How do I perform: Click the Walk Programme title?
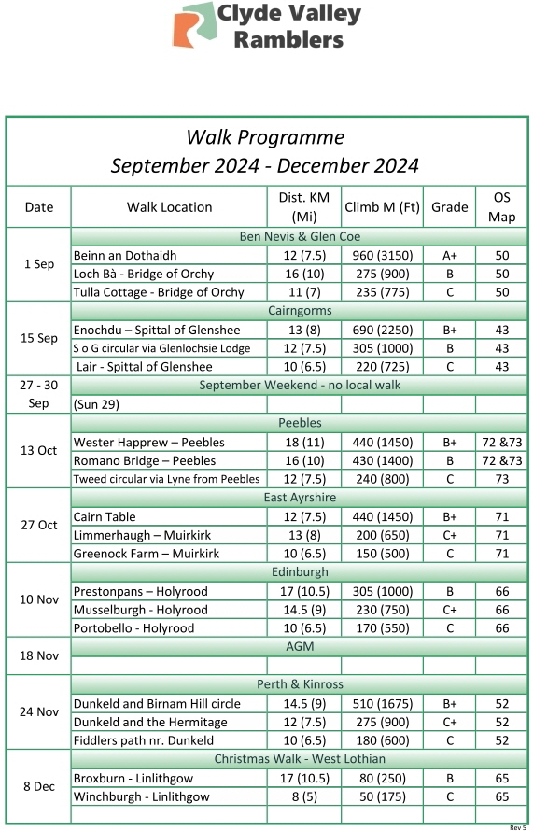(x=265, y=137)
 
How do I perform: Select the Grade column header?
(x=449, y=207)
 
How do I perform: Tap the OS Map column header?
(x=501, y=207)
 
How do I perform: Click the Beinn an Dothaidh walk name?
(x=125, y=255)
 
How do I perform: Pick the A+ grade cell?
(x=449, y=255)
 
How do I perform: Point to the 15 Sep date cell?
(x=39, y=338)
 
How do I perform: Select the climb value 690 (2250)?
(x=381, y=330)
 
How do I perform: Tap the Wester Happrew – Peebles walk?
(x=144, y=442)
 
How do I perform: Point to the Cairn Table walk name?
(x=105, y=516)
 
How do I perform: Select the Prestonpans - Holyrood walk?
(x=141, y=591)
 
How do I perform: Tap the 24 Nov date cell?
(x=39, y=711)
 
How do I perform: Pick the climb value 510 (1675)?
(x=381, y=703)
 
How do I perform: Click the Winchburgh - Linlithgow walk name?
(x=142, y=796)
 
